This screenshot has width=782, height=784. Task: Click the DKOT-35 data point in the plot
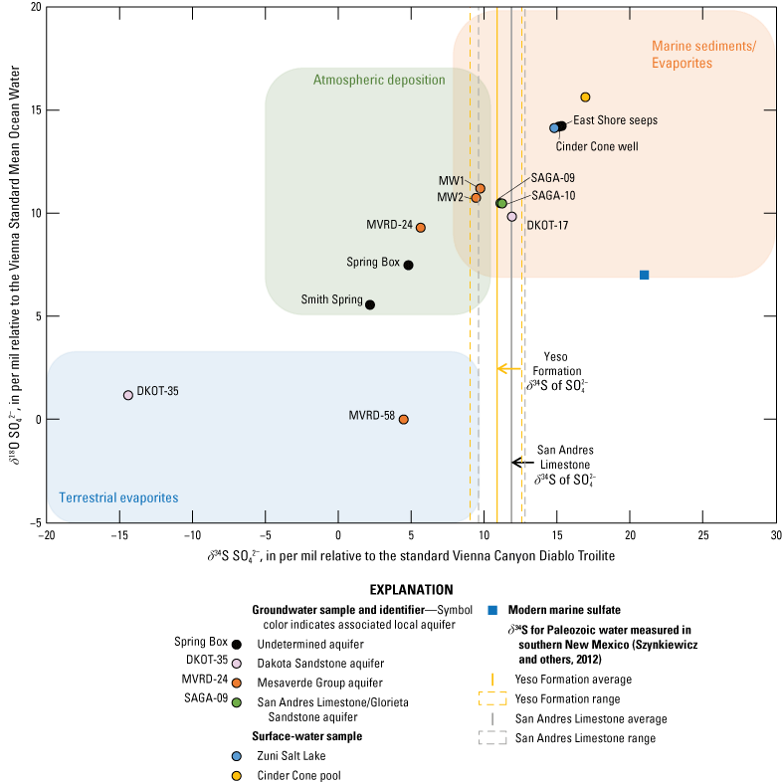pos(128,395)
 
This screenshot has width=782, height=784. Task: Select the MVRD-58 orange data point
pos(403,419)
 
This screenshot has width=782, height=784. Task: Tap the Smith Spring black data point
pos(370,304)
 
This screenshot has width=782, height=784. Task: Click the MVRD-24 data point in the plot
pos(421,228)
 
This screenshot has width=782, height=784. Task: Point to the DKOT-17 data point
pos(512,216)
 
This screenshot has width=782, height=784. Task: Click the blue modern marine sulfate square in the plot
pos(645,275)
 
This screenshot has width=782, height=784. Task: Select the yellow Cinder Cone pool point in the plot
pos(586,97)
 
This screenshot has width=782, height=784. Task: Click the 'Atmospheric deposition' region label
pos(379,80)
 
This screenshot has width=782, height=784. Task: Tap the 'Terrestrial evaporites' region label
pos(118,497)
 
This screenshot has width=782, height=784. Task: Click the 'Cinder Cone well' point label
pos(597,146)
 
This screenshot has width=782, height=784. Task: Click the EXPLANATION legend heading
pos(411,590)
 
